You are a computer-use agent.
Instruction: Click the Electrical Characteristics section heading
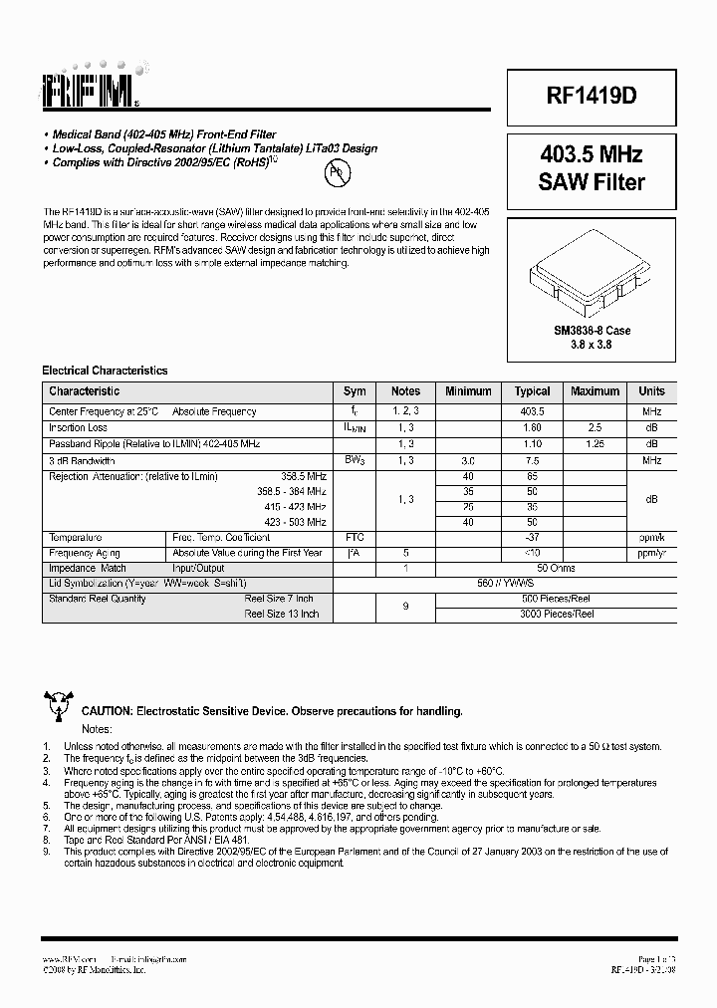click(105, 371)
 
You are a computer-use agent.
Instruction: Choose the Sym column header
click(355, 391)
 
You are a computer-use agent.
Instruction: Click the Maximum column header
click(596, 391)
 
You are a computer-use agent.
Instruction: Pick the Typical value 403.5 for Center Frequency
click(533, 411)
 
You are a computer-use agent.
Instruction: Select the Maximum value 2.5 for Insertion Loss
click(596, 427)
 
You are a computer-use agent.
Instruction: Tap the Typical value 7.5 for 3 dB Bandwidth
click(533, 461)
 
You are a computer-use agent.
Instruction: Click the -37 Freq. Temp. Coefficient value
click(533, 537)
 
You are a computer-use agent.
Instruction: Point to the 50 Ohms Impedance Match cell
click(533, 568)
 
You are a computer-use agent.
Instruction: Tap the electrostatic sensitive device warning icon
click(58, 705)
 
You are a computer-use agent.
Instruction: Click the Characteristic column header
click(85, 391)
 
